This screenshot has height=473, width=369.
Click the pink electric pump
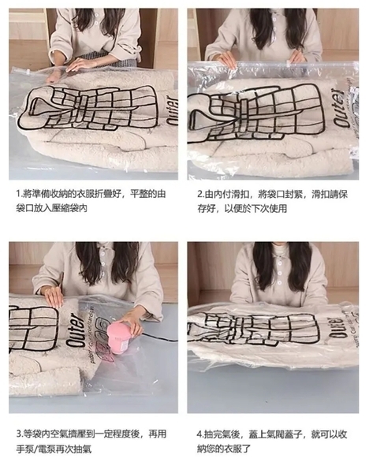120,338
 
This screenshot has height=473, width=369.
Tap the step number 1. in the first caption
19,194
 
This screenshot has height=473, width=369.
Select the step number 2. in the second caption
201,194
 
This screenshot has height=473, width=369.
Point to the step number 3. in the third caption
20,434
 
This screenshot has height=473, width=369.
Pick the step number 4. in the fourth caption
200,434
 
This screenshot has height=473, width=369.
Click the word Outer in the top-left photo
172,110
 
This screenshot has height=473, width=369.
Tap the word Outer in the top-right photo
341,108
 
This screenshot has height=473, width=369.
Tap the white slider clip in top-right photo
289,64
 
